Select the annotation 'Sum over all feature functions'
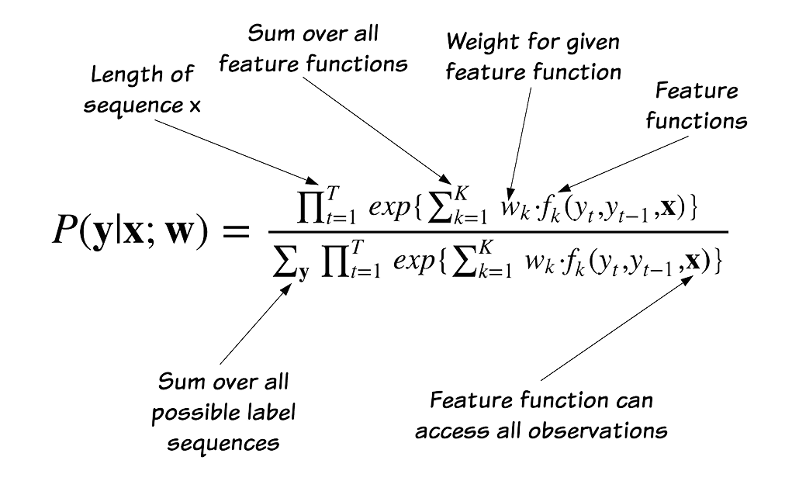point(313,48)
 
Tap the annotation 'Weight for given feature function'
point(534,56)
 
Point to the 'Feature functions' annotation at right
point(696,106)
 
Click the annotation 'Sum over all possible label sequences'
point(224,411)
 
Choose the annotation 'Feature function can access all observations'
point(541,415)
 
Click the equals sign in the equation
point(230,231)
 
